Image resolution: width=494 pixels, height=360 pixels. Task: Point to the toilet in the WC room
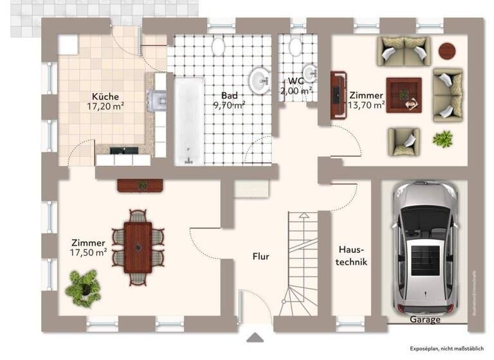click(x=296, y=46)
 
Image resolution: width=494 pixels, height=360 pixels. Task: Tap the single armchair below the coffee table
click(x=403, y=140)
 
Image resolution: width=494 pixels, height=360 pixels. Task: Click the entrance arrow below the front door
click(x=256, y=337)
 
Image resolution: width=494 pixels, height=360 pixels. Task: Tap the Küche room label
click(x=105, y=96)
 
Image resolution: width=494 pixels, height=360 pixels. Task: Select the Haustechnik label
click(x=351, y=256)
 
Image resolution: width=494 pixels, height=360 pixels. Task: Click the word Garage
click(x=425, y=319)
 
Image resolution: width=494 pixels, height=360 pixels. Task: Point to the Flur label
click(x=261, y=256)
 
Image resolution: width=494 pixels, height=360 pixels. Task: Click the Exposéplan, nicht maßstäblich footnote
click(x=447, y=348)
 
